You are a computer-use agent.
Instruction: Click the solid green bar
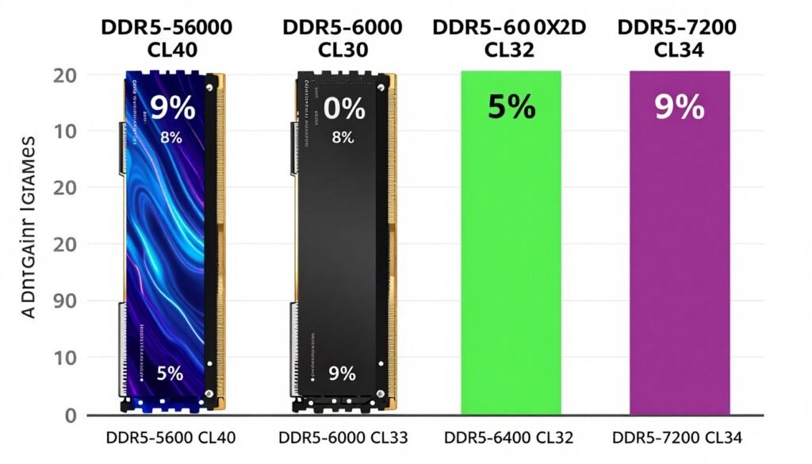(511, 262)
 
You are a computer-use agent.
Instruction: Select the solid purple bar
(680, 262)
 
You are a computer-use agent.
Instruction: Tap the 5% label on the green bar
(511, 107)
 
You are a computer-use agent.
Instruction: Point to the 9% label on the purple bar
(680, 107)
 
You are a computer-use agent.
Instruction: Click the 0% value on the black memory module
(343, 108)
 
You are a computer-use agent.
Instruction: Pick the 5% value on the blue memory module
(170, 373)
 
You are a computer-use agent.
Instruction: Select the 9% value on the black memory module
(342, 373)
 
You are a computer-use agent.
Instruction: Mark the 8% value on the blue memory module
(170, 137)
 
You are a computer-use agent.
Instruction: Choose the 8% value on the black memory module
(342, 137)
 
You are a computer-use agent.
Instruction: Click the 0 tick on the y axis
(69, 416)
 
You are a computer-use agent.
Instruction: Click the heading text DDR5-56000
(167, 28)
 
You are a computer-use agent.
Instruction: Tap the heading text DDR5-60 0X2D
(509, 28)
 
